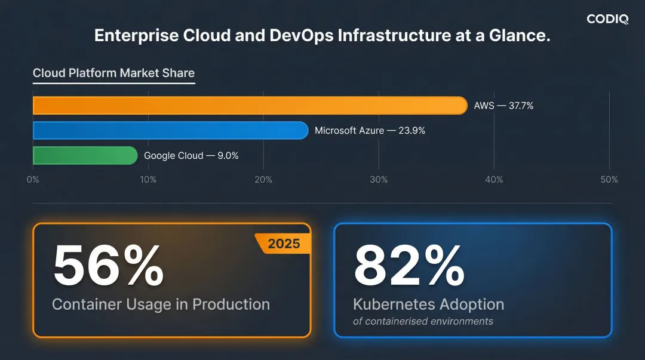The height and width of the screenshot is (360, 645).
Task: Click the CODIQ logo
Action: point(607,19)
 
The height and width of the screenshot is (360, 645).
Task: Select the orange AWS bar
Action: point(250,106)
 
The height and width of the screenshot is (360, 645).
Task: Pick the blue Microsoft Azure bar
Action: point(170,130)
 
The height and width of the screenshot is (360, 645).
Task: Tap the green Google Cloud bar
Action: point(85,155)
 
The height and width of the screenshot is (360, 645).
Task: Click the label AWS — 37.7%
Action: point(503,106)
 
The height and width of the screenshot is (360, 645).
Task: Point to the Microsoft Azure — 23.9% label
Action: point(370,130)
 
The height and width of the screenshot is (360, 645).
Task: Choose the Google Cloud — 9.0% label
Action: point(191,155)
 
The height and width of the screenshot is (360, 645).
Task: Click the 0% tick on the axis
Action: point(33,180)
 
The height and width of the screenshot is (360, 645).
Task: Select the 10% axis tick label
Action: point(148,180)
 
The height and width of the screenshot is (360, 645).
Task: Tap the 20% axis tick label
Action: point(263,180)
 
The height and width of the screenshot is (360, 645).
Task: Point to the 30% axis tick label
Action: point(379,180)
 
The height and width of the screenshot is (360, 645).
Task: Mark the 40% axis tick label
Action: point(494,180)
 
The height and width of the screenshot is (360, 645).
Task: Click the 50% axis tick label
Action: point(609,180)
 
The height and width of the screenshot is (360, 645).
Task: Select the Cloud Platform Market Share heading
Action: point(113,73)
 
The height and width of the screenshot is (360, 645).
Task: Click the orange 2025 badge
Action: point(284,244)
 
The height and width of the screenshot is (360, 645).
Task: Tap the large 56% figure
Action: point(108,266)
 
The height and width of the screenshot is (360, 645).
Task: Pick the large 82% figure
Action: point(409,266)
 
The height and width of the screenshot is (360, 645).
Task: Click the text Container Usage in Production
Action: point(161,304)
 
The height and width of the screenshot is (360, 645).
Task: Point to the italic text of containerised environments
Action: point(423,321)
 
